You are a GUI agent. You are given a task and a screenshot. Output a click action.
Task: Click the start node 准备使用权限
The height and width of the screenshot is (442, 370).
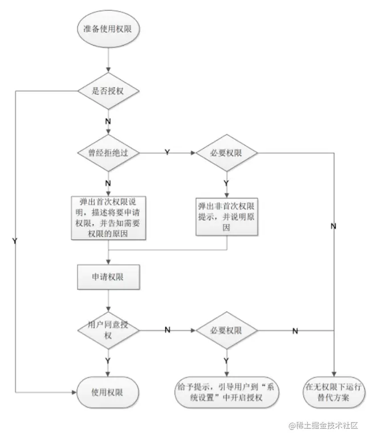pos(108,29)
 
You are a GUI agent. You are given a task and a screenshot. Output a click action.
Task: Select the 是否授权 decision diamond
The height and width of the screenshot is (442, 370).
pos(108,91)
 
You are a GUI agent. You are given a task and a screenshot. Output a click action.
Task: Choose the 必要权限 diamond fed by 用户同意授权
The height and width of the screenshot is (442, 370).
pos(226,331)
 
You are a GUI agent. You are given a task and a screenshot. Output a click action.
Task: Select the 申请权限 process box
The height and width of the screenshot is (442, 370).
pos(108,276)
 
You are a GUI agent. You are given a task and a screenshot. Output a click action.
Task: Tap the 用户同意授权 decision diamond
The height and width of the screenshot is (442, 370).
pos(108,331)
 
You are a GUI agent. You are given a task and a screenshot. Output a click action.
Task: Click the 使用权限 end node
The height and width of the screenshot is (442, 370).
pos(108,392)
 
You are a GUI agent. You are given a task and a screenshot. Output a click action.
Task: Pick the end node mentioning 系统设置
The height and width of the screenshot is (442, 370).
pos(226,392)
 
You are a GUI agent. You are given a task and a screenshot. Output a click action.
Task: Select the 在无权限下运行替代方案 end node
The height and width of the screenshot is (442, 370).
pos(334,392)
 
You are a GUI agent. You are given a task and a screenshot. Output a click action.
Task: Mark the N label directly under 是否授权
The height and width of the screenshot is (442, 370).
pos(108,121)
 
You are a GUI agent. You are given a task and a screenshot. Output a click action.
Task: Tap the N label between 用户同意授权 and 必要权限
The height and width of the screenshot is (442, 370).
pos(167,330)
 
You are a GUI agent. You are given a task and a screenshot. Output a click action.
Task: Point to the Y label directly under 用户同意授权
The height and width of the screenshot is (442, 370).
pos(108,360)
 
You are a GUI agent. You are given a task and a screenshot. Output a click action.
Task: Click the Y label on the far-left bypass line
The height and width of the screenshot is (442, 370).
pos(15,241)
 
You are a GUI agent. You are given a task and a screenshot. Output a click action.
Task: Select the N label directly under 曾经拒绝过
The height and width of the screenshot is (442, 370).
pos(108,183)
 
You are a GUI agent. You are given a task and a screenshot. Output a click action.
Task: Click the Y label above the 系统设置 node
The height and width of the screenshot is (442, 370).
pos(226,360)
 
